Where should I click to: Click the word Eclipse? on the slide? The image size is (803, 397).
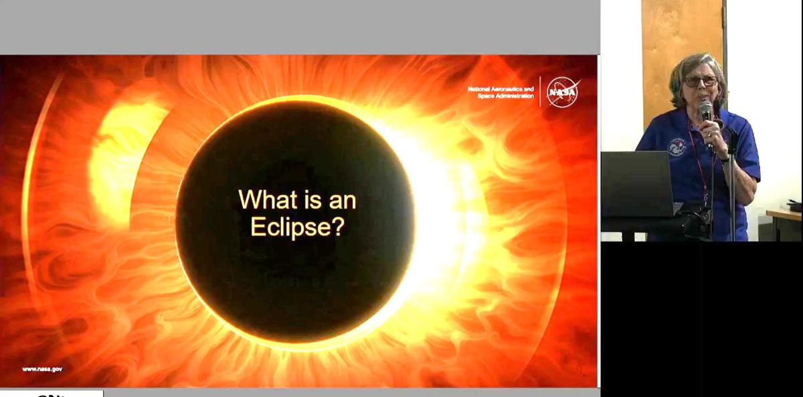point(297,227)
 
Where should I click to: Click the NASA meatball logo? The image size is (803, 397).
point(562,92)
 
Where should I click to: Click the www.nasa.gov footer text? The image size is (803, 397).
point(42,369)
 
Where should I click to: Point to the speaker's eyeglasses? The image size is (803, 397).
point(700,81)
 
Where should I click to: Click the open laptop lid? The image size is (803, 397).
point(636,184)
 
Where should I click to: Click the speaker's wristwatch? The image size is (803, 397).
point(725,158)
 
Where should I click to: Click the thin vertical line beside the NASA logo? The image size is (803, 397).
point(540,92)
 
